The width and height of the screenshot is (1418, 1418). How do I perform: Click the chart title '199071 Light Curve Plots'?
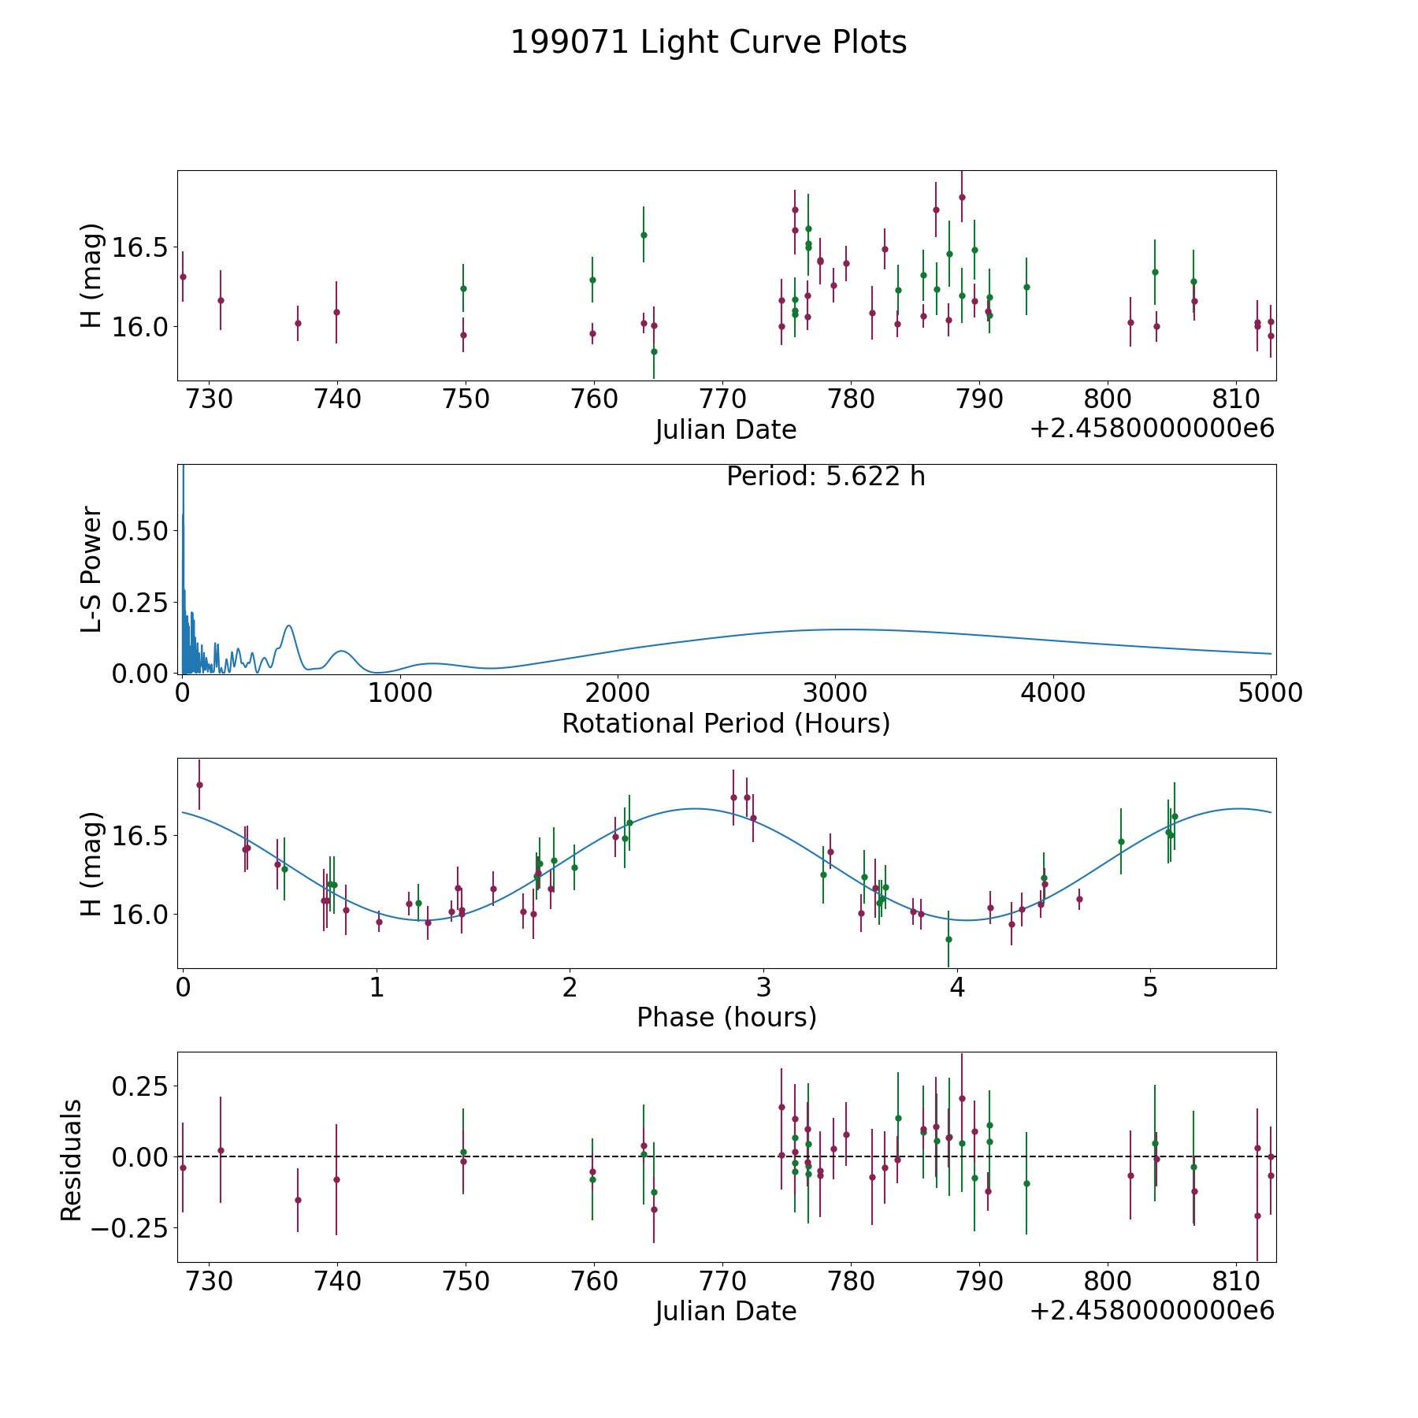(708, 43)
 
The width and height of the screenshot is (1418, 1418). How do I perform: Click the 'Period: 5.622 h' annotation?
(826, 477)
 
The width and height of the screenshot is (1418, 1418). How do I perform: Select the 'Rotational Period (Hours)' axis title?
(726, 723)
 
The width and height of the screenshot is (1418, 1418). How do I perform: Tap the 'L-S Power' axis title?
(92, 569)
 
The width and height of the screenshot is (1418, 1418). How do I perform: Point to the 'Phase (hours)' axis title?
(726, 1018)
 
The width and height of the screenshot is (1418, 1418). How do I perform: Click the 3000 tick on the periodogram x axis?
(834, 693)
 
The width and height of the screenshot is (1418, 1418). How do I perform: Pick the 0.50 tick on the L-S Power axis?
(140, 530)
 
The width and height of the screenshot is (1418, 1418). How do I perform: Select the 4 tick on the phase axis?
(957, 987)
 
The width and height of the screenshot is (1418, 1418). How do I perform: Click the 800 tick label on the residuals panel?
(1108, 1282)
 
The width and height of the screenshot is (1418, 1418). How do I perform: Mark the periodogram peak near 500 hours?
(289, 625)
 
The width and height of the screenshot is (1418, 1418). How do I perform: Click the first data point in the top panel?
(183, 277)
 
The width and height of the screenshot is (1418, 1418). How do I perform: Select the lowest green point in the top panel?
(654, 351)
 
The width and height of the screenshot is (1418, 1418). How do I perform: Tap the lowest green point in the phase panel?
(948, 939)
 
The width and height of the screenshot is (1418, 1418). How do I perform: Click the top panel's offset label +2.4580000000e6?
(1153, 429)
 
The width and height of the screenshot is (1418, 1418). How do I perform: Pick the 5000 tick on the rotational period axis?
(1269, 693)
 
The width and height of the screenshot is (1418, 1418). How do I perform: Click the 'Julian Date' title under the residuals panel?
(726, 1312)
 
